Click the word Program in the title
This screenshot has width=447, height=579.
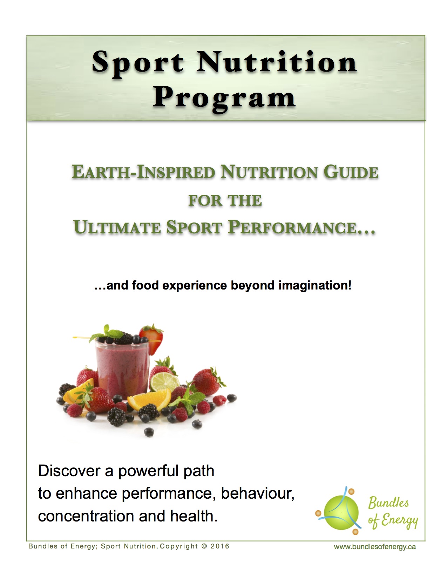(x=224, y=99)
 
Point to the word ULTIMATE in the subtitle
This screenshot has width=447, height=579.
(x=117, y=227)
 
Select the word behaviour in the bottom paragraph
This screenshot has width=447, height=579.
(x=258, y=494)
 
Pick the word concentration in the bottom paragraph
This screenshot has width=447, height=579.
(x=86, y=516)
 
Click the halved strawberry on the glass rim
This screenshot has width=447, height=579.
(x=151, y=338)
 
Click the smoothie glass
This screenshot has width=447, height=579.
(x=122, y=370)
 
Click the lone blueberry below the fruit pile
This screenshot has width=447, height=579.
(x=149, y=432)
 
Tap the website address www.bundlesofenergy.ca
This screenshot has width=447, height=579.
(x=375, y=547)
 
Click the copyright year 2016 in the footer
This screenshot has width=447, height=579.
(x=220, y=546)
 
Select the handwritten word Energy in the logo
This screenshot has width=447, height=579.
(x=399, y=521)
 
